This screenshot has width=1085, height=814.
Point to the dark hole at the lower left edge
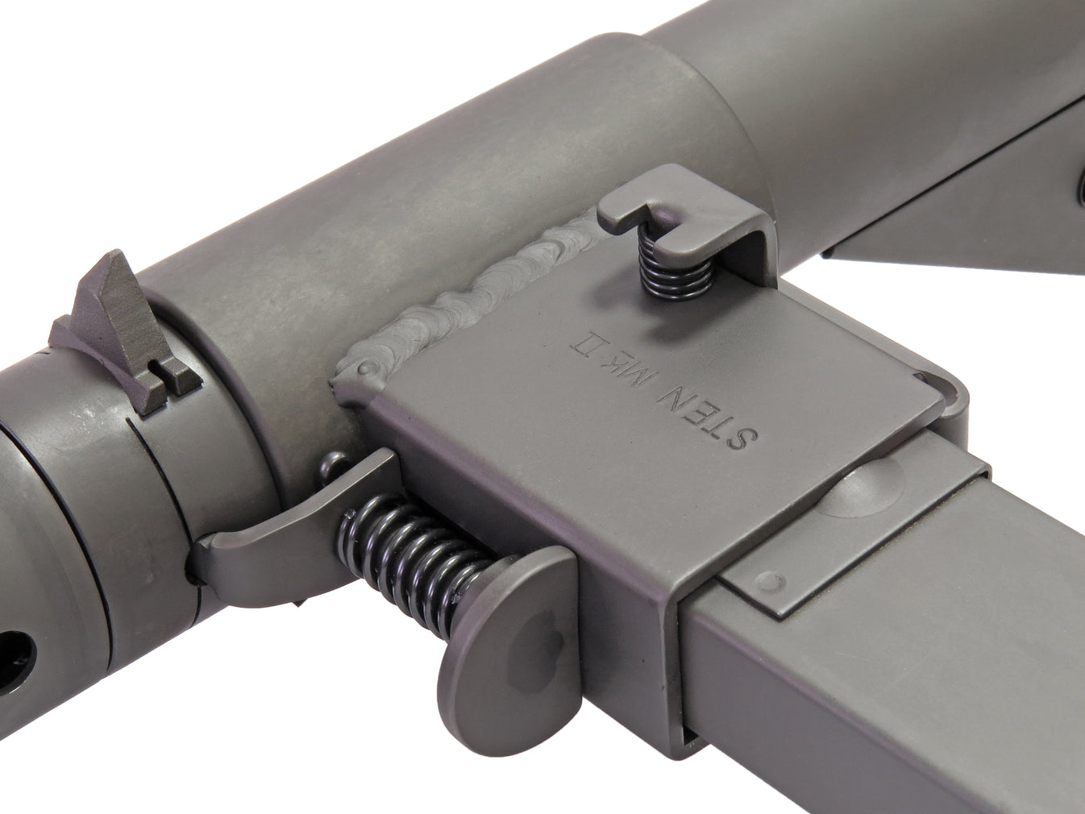click(16, 646)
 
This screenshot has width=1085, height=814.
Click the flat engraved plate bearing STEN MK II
click(645, 387)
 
